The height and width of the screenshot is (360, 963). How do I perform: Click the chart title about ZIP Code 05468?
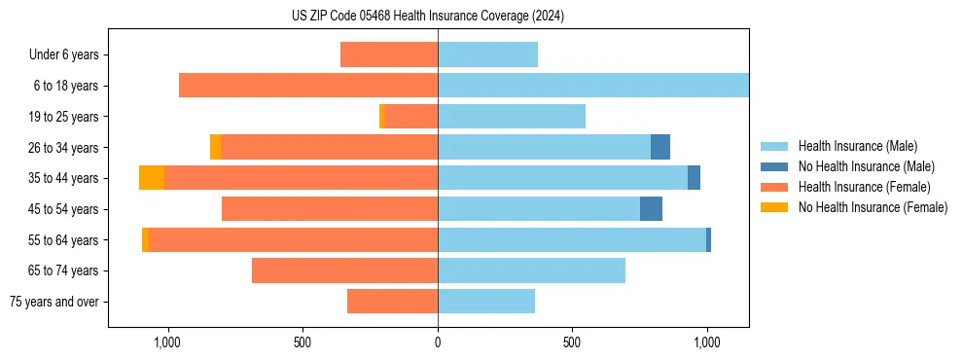point(428,16)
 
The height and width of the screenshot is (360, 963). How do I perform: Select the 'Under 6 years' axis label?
point(63,54)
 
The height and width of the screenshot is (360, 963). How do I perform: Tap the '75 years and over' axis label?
point(54,302)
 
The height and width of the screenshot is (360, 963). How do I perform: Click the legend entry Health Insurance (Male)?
point(856,146)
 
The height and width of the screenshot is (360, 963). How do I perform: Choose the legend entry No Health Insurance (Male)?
point(866,166)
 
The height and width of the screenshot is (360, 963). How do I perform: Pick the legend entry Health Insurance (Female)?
point(864,187)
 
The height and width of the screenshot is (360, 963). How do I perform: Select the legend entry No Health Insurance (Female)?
point(873,207)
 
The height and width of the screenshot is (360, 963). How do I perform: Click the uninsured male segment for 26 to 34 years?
point(660,147)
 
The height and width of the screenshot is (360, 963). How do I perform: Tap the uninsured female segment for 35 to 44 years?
point(152,178)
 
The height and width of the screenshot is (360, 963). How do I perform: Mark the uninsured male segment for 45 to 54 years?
point(651,208)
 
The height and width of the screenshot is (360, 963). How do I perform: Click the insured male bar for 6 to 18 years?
point(593,86)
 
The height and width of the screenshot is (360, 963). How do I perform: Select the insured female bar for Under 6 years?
point(389,54)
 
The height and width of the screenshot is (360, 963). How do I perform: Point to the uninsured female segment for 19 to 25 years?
point(382,117)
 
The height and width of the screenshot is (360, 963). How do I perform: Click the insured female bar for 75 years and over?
point(392,302)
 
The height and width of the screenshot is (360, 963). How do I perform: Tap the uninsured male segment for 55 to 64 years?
point(708,239)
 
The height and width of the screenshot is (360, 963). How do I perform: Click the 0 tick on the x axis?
point(438,342)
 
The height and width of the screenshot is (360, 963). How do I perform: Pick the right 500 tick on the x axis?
point(572,342)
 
